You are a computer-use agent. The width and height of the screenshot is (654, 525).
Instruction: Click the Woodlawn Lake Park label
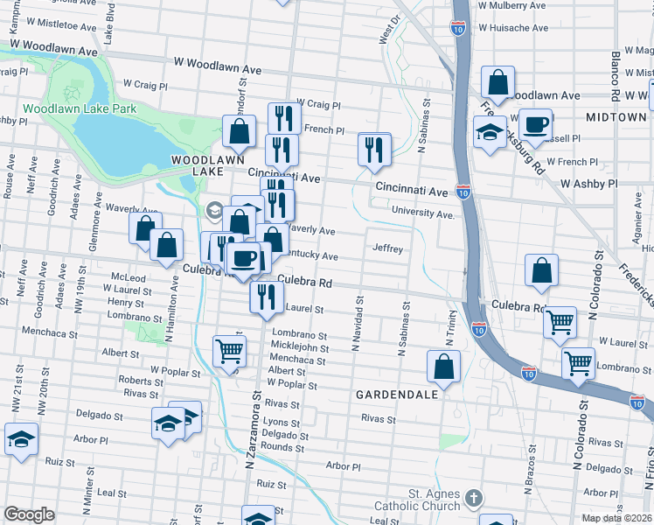pos(80,108)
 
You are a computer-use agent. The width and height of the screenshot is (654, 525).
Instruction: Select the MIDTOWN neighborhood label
pos(616,116)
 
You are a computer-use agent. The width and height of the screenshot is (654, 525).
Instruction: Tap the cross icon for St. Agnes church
pos(474,497)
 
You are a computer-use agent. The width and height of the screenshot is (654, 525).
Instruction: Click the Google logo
pos(29,514)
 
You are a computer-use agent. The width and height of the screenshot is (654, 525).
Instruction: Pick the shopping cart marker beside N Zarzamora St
pos(229,351)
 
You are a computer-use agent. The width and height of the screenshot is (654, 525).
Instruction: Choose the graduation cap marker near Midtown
pos(490,133)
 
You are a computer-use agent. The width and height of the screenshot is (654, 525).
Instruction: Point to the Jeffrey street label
pos(387,248)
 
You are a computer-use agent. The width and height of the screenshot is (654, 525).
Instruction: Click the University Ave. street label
pos(424,213)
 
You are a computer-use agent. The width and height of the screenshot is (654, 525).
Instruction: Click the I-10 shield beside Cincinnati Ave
pos(463,191)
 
